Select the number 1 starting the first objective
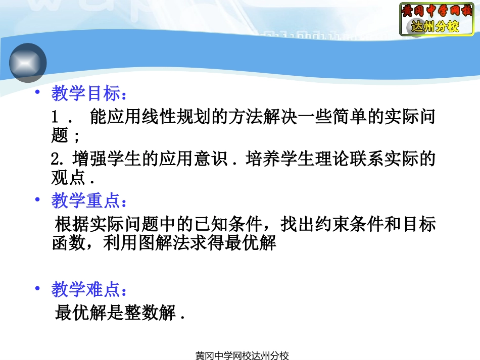click(x=55, y=118)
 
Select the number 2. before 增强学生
click(x=59, y=160)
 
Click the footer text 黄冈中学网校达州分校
click(x=242, y=355)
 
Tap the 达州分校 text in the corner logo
click(x=436, y=27)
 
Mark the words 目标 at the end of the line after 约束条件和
click(x=419, y=225)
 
